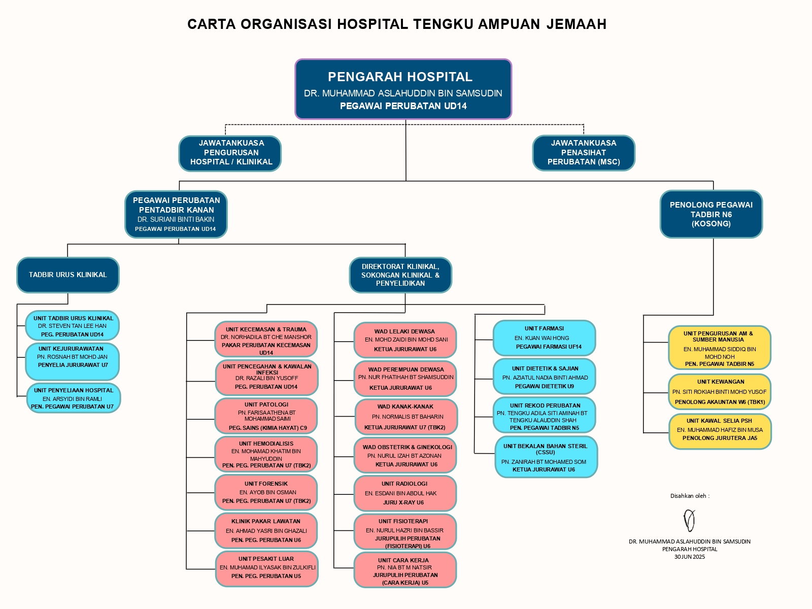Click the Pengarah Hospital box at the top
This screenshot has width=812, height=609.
click(x=403, y=89)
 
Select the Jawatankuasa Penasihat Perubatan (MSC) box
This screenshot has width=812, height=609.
click(x=584, y=153)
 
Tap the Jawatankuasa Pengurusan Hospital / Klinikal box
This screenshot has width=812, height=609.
click(x=230, y=153)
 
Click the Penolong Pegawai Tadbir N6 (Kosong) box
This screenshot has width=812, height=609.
click(x=711, y=214)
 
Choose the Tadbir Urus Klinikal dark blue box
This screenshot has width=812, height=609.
click(x=68, y=275)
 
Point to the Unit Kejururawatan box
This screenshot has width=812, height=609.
click(x=72, y=361)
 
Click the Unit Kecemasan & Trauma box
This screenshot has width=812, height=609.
click(x=266, y=339)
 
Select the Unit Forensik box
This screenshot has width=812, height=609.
click(x=266, y=492)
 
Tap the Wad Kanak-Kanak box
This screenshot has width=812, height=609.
click(x=405, y=417)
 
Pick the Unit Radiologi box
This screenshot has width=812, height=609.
click(x=405, y=493)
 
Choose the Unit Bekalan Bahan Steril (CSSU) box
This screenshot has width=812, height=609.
click(x=546, y=457)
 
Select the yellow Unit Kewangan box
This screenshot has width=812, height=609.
click(x=720, y=392)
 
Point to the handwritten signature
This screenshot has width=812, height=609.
click(x=689, y=520)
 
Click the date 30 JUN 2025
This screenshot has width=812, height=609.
click(x=689, y=557)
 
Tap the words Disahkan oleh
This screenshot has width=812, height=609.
click(x=689, y=496)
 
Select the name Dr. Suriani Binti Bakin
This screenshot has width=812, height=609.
click(x=176, y=220)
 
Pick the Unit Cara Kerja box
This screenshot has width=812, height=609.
click(x=405, y=570)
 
